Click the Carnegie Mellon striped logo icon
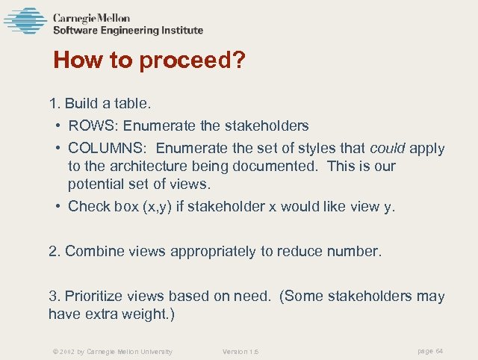point(25,22)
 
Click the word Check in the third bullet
point(89,206)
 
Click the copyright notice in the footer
point(112,351)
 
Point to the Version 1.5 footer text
point(240,351)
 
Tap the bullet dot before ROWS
point(58,125)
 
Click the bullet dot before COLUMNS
point(58,148)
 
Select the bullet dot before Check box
point(58,206)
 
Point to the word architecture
point(138,166)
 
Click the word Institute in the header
point(181,31)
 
